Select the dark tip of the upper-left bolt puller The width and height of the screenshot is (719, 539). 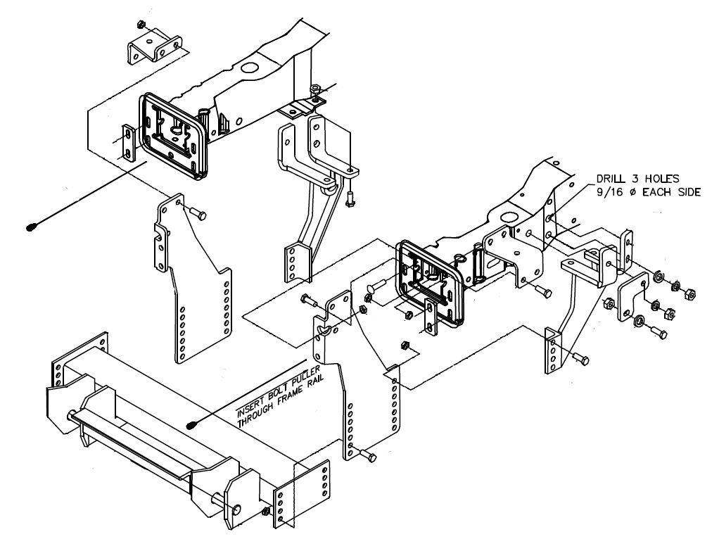pos(31,227)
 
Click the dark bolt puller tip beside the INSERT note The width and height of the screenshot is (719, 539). pos(191,425)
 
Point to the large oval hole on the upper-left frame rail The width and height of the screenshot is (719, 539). pos(250,68)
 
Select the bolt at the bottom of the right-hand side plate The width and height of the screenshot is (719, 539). pos(367,455)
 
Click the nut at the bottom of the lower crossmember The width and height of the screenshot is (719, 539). pos(265,512)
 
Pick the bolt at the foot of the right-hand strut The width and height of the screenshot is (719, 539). pos(580,358)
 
